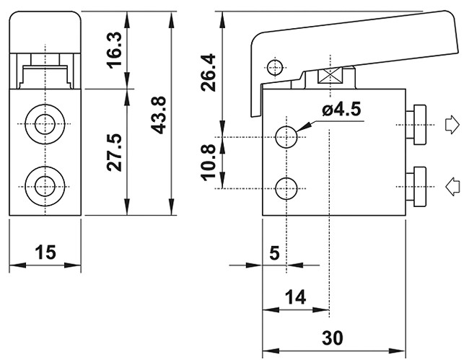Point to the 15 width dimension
click(x=45, y=252)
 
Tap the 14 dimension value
click(x=295, y=296)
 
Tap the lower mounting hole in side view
click(x=288, y=188)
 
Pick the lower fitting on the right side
click(x=417, y=186)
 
